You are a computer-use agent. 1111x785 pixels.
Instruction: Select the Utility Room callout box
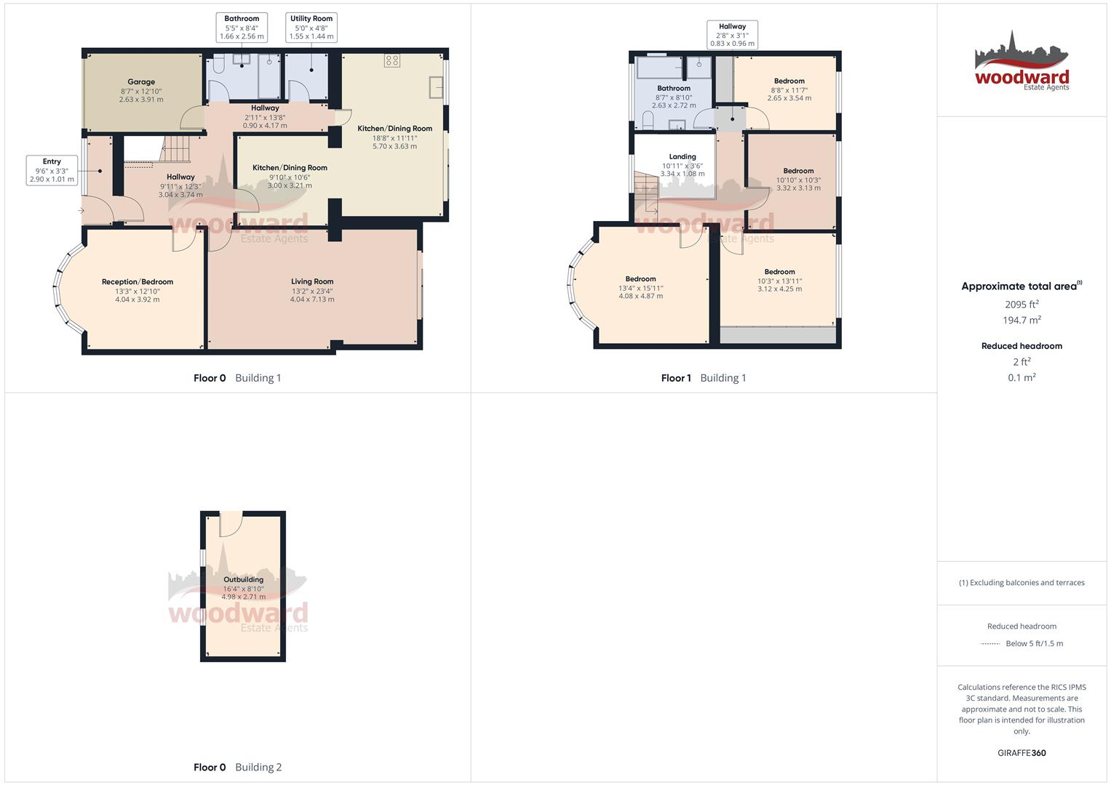(x=311, y=28)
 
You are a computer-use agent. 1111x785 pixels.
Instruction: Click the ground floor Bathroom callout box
(x=242, y=28)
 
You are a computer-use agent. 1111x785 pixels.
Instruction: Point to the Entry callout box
(x=52, y=170)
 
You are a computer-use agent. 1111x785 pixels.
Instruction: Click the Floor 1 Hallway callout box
(x=732, y=35)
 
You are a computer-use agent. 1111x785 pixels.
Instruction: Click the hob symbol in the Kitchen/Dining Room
(x=392, y=61)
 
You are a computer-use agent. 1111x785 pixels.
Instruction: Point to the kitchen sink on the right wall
(x=437, y=87)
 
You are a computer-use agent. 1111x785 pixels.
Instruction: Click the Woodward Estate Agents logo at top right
(x=1022, y=63)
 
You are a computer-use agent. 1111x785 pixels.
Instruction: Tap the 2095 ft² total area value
(x=1022, y=305)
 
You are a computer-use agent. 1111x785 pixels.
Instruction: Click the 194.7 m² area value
(x=1022, y=321)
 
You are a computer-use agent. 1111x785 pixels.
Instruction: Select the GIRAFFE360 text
(x=1022, y=753)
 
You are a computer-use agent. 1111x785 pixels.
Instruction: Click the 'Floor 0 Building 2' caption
(x=237, y=767)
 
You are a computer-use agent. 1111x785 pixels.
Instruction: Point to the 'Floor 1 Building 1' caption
(x=703, y=378)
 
